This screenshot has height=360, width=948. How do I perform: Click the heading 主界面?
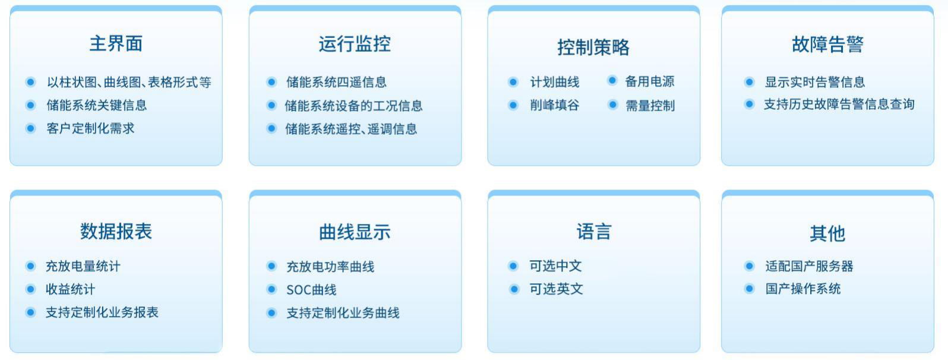116,43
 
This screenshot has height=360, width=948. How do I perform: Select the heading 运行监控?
355,44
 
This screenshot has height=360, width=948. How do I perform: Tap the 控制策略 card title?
593,47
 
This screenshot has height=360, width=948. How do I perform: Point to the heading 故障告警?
828,44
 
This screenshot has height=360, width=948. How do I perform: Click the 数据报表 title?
116,232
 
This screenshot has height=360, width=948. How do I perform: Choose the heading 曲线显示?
355,232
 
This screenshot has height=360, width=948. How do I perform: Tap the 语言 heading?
594,232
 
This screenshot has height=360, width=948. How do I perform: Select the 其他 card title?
828,233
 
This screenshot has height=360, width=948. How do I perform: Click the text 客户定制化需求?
90,128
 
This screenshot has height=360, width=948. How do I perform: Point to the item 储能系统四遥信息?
336,82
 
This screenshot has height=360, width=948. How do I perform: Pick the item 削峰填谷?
555,105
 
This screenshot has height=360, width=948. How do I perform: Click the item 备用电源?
650,81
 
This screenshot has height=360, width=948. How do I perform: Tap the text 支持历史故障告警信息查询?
839,104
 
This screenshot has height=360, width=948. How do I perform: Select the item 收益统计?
70,289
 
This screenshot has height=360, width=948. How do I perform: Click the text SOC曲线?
311,290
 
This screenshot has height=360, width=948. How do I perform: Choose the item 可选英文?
556,289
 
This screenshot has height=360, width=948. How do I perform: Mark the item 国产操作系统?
803,289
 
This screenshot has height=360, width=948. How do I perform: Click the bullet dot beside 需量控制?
612,104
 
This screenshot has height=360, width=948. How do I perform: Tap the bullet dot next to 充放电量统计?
30,266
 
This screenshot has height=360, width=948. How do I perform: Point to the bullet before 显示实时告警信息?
749,81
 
